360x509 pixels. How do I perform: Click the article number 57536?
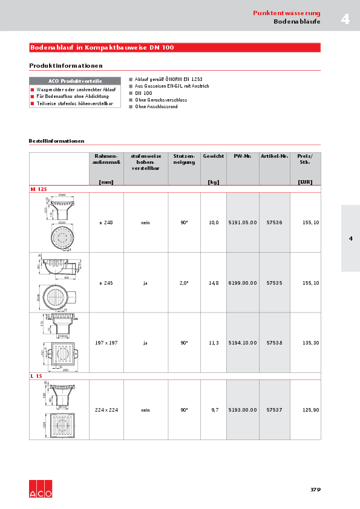click(274, 222)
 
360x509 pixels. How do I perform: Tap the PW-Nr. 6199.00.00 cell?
click(243, 283)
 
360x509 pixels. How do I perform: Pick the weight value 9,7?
click(215, 410)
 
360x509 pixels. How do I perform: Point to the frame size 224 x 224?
click(106, 410)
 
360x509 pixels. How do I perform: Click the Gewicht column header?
click(213, 157)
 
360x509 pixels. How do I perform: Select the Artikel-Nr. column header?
click(274, 157)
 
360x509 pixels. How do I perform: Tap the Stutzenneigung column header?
click(184, 159)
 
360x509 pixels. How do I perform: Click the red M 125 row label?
click(38, 189)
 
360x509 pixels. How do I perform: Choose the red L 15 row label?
click(36, 376)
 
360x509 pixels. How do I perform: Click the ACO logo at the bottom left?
click(41, 489)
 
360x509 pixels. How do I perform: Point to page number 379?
click(315, 489)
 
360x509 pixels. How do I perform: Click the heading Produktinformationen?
click(66, 65)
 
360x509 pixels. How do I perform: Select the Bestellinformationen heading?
click(56, 141)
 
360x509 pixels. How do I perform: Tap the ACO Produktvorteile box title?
click(75, 81)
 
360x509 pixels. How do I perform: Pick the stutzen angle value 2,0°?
click(184, 283)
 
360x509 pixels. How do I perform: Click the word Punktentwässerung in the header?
click(286, 13)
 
